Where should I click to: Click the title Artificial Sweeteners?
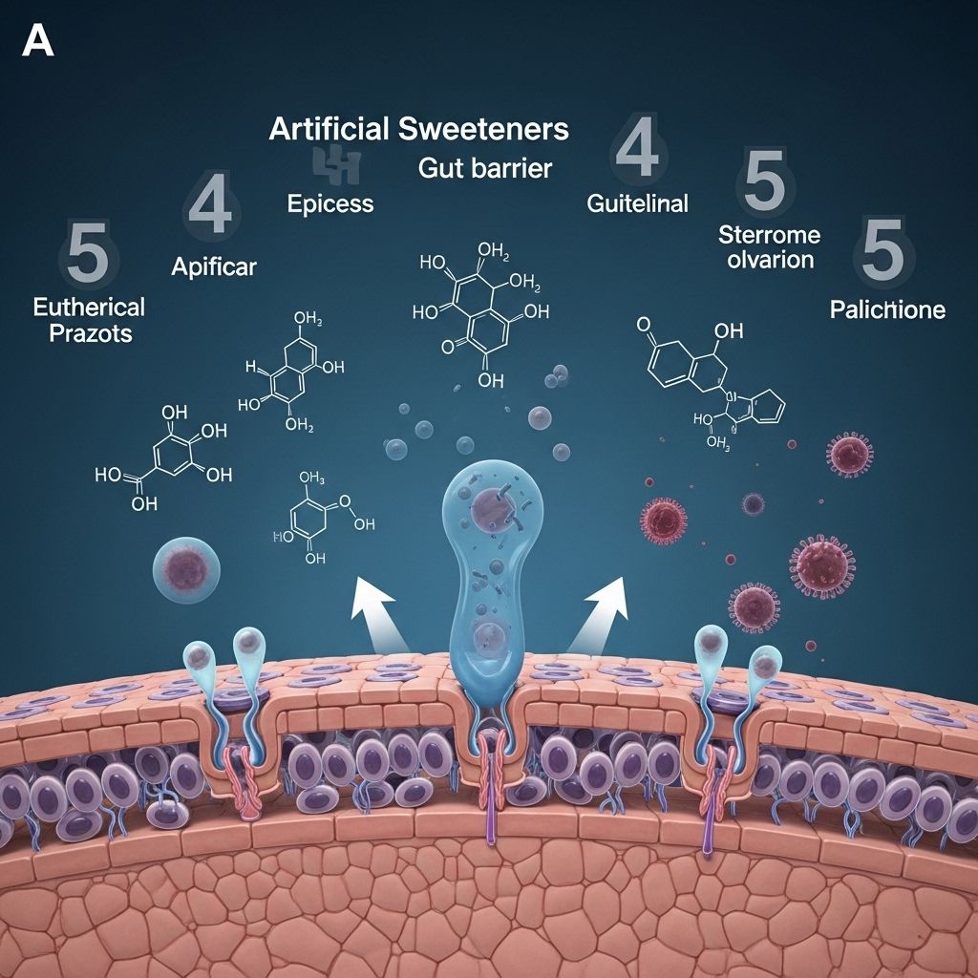[418, 129]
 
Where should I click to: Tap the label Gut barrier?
[485, 168]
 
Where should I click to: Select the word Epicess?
[330, 203]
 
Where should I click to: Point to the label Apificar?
[214, 266]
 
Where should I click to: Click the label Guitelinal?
[637, 203]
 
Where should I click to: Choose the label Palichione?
[887, 309]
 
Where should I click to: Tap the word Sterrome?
[769, 235]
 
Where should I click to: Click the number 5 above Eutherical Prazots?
[88, 252]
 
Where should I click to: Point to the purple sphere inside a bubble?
[187, 566]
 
